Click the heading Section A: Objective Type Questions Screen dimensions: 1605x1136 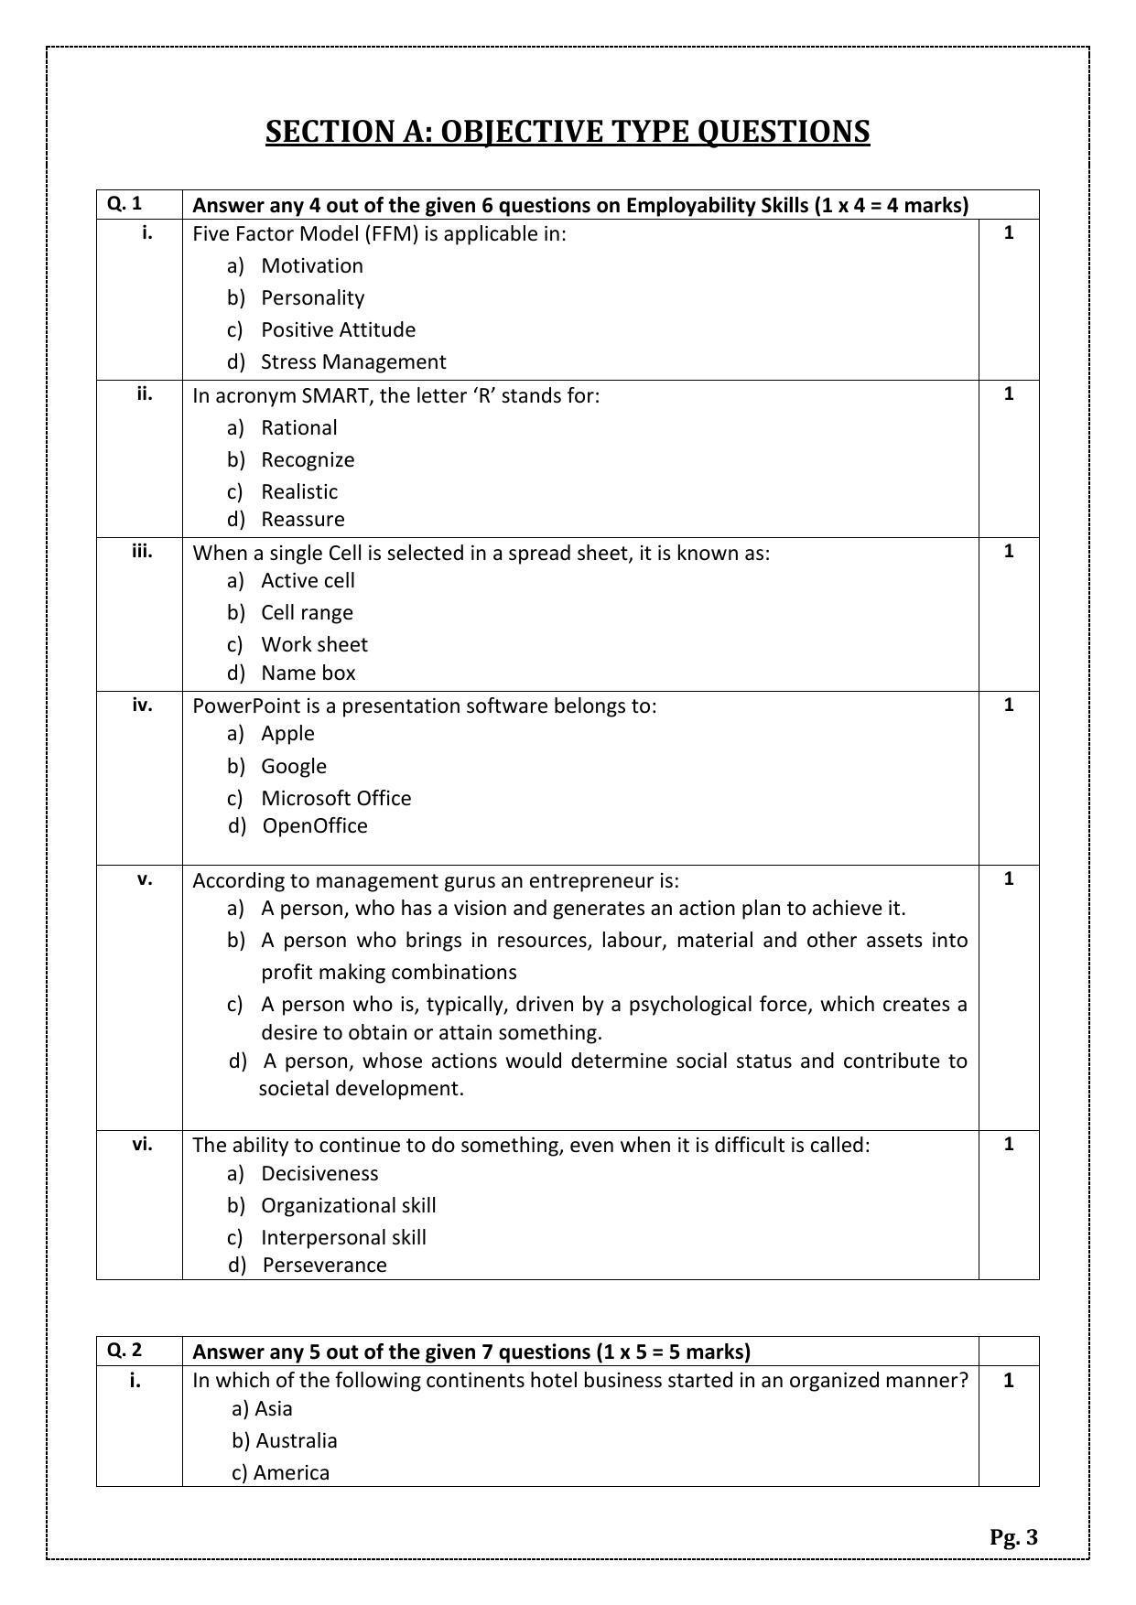tap(568, 132)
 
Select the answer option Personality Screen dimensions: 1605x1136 tap(312, 297)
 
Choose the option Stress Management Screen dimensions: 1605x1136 tap(353, 361)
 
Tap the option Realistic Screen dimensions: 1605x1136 tap(299, 491)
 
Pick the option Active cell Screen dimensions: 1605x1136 tap(308, 580)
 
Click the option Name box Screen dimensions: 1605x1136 tap(308, 673)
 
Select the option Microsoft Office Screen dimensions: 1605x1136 tap(336, 798)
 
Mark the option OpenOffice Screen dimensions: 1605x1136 tap(315, 825)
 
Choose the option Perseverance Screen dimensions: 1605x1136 tap(324, 1265)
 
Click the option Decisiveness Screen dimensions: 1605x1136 tap(319, 1173)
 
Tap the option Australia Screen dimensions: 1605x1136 tap(296, 1440)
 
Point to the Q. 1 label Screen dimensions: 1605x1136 tap(124, 203)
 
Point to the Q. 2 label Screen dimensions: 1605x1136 tap(124, 1350)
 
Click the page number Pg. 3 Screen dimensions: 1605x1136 tap(1013, 1536)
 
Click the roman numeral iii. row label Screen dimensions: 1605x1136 tap(142, 551)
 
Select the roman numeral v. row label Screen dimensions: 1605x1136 tap(145, 879)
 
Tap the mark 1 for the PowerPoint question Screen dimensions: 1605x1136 tap(1009, 705)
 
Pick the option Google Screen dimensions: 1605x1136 tap(294, 766)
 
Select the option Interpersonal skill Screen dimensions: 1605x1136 tap(343, 1237)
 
